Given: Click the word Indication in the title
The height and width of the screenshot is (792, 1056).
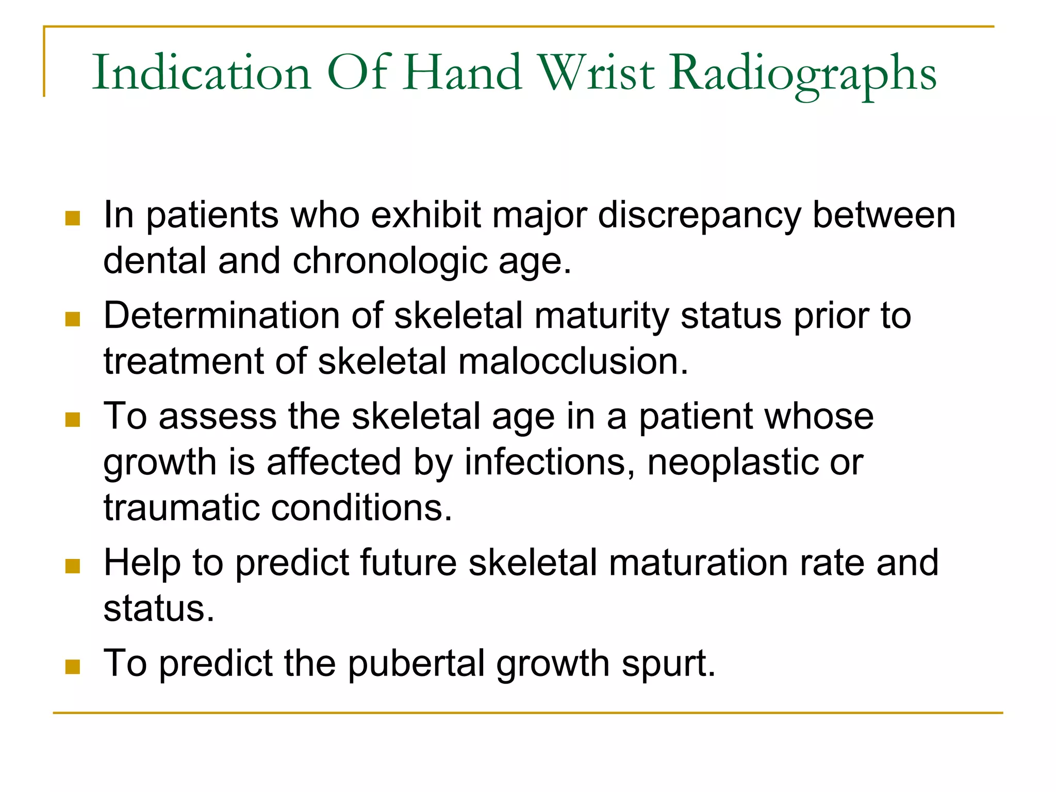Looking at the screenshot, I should tap(202, 73).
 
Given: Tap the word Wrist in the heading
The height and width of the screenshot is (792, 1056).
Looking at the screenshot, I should tap(596, 73).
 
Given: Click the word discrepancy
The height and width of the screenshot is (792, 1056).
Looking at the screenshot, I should tap(699, 216).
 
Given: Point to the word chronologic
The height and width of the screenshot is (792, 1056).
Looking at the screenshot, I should tap(390, 261).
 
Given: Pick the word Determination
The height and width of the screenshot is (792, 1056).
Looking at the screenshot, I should tap(221, 316).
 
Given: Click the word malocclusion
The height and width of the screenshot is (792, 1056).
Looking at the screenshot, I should tap(573, 361).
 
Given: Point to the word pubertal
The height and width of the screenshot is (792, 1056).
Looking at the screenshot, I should tap(416, 664).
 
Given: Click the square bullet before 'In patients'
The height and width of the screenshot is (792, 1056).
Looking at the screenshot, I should tap(73, 218).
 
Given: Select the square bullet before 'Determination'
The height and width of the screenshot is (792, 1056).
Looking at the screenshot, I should tap(73, 319).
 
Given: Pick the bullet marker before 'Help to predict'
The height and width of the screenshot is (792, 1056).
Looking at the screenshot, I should tap(73, 566).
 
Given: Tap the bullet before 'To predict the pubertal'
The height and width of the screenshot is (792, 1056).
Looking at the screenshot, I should tap(73, 667).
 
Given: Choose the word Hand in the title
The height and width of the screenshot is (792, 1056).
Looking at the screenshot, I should tap(462, 73).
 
